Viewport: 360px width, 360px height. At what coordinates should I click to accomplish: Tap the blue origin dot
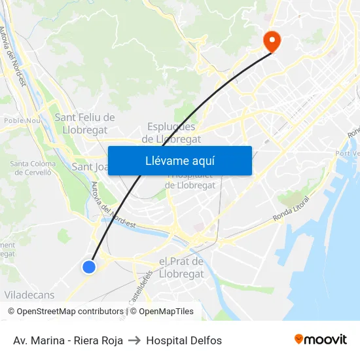tap(89, 266)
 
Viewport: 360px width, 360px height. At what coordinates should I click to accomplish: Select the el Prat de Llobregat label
tap(181, 267)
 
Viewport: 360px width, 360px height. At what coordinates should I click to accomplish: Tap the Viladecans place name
tap(29, 295)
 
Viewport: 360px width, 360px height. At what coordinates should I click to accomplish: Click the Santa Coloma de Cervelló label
tap(31, 168)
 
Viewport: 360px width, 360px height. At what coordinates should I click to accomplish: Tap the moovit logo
tap(320, 340)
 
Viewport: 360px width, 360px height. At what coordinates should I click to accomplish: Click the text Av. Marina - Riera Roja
tap(68, 340)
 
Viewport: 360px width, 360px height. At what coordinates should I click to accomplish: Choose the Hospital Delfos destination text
tap(184, 340)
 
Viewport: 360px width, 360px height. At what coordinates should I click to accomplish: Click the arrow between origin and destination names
tap(135, 340)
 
